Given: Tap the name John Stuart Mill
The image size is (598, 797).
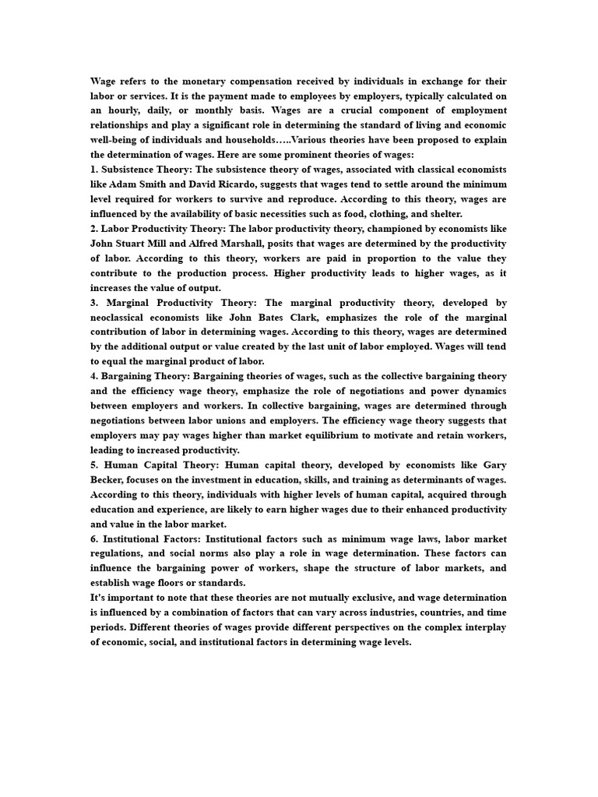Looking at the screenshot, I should pos(127,244).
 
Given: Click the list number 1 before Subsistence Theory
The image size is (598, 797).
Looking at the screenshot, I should pos(94,170).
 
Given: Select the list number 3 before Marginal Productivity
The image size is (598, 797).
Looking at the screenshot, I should pos(94,303).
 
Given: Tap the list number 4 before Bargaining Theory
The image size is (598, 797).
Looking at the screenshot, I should pos(94,377).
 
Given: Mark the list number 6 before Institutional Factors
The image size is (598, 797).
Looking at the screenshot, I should pos(94,539).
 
